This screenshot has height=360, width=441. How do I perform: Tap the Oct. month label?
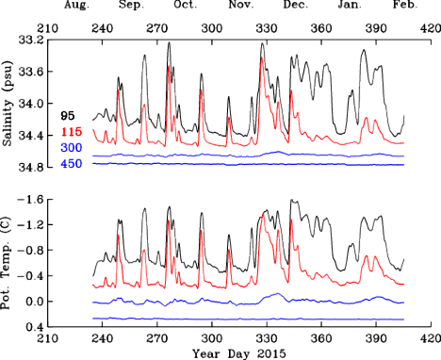tap(186, 5)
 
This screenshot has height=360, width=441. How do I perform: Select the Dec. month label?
tap(294, 5)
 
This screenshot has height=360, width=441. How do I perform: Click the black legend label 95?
tap(68, 117)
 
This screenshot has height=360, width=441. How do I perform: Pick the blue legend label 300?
tap(71, 148)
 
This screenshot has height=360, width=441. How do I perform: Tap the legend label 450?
tap(71, 163)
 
